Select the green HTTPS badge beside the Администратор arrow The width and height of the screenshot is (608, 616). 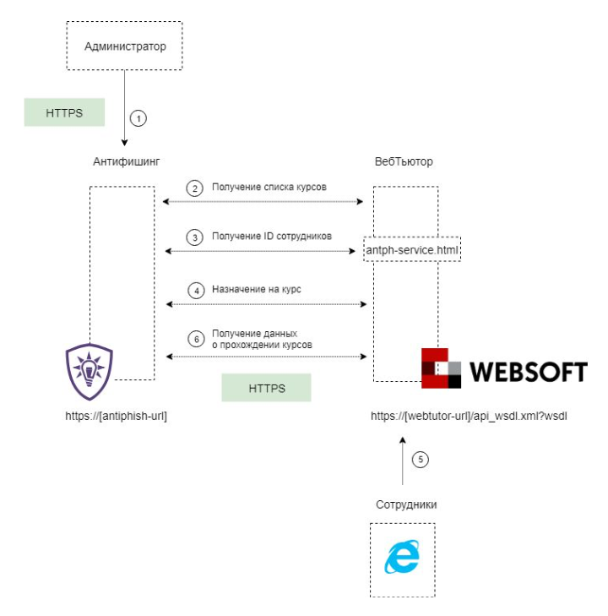(x=64, y=112)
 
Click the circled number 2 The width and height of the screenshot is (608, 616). (x=196, y=188)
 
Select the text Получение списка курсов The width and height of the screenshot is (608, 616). (x=269, y=187)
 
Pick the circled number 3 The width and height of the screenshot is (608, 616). (x=196, y=237)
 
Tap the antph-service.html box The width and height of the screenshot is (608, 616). (x=412, y=249)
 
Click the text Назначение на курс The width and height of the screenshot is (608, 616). (x=257, y=289)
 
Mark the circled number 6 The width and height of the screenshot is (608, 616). (x=196, y=339)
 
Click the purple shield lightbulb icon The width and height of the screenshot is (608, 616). (x=89, y=372)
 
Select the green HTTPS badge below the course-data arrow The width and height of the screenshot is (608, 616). (x=266, y=389)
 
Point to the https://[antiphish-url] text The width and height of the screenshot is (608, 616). (x=116, y=417)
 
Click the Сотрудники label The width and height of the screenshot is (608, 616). (x=406, y=504)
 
